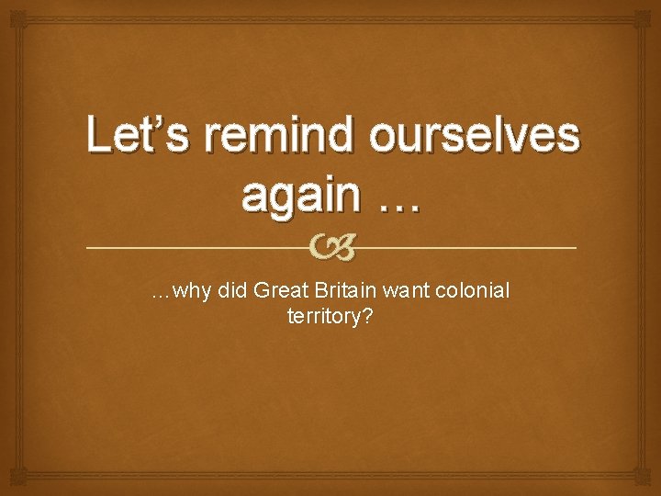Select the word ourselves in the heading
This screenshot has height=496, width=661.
pyautogui.click(x=475, y=135)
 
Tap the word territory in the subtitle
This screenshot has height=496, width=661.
pyautogui.click(x=324, y=317)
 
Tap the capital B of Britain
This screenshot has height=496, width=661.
pyautogui.click(x=321, y=291)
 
